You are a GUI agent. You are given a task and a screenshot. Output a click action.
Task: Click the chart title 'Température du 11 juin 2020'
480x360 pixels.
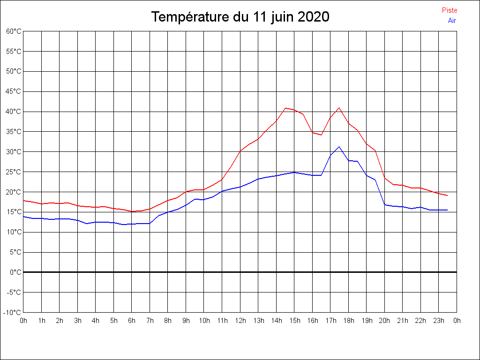point(240,17)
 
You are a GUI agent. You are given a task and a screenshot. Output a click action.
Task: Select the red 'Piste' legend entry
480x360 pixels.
point(450,10)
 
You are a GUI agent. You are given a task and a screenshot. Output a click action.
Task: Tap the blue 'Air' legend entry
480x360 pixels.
point(452,21)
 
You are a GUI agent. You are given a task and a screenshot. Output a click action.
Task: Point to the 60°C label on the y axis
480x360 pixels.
point(14,31)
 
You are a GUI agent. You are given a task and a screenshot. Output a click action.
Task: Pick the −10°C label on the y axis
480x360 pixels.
point(13,313)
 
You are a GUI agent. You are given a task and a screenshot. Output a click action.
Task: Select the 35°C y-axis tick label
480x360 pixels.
point(14,132)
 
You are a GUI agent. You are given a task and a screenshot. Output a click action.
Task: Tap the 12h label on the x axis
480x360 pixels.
point(240,321)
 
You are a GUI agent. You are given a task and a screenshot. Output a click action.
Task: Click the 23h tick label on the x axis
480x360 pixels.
point(438,321)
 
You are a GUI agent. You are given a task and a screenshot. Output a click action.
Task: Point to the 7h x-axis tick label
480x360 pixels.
point(150,321)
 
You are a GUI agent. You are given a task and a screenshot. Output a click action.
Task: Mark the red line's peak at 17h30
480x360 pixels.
point(339,108)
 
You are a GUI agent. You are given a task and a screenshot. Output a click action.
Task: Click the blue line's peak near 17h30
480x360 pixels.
point(339,147)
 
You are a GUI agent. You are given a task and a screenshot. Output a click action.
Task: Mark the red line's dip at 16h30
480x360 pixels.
point(321,135)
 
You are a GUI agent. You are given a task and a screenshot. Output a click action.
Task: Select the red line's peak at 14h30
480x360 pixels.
point(285,108)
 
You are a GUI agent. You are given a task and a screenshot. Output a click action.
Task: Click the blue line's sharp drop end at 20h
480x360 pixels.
point(385,205)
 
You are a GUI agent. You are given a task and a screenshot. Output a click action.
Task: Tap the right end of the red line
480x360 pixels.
point(448,195)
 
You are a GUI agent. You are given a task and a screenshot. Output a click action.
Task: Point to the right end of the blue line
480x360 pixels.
point(448,210)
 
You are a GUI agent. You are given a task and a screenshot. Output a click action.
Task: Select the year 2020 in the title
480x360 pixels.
point(313,17)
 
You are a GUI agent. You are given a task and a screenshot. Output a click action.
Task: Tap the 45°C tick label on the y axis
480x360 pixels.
point(14,91)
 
